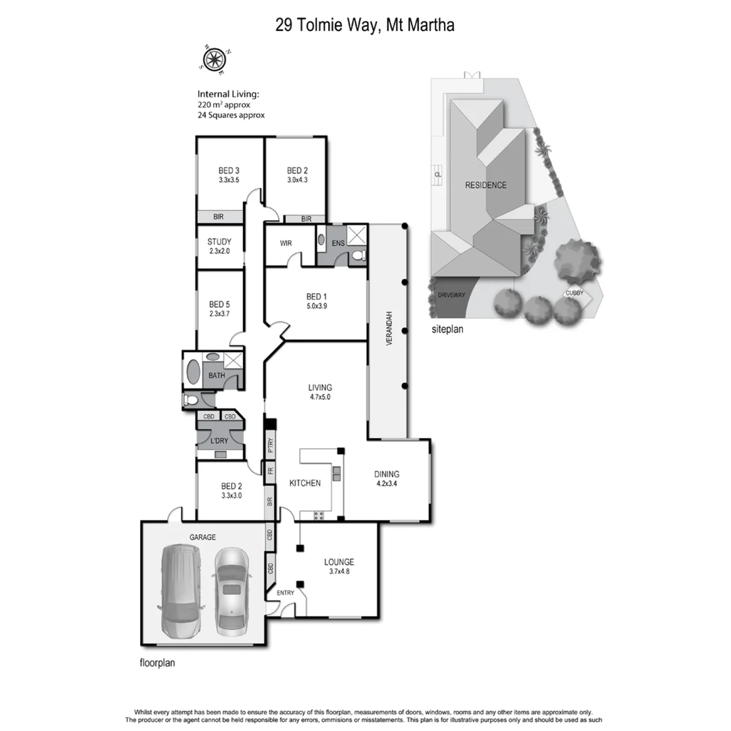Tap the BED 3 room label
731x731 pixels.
tap(229, 171)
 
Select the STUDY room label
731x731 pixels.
tap(220, 242)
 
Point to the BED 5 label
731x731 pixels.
tap(220, 304)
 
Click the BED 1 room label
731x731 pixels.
tap(316, 296)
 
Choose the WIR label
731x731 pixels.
tap(285, 242)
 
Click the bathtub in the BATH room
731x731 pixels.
tap(194, 373)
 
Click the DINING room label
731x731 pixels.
tap(386, 474)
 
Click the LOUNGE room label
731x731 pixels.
tap(339, 562)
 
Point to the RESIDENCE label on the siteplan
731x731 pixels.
tap(485, 185)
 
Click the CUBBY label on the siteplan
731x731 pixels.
tap(575, 294)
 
